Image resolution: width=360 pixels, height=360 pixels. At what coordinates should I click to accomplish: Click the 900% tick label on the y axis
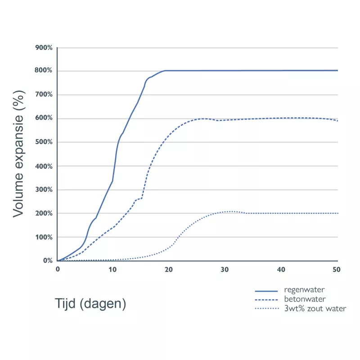[44, 47]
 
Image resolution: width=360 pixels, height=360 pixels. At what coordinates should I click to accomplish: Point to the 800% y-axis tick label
[44, 71]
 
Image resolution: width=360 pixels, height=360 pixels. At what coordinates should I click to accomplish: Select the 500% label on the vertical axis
[44, 142]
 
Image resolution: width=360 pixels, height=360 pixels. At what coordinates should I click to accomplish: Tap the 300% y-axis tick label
[44, 189]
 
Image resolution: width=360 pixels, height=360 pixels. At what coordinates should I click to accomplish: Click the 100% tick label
[44, 237]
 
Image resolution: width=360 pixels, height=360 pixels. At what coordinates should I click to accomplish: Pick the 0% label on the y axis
[48, 261]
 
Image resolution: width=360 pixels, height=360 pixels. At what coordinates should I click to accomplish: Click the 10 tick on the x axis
[112, 269]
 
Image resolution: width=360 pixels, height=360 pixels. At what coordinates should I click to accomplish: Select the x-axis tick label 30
[225, 269]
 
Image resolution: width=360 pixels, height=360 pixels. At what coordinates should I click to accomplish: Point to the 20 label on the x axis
[169, 269]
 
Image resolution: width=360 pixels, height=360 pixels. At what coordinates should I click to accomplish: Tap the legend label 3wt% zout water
[315, 309]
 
